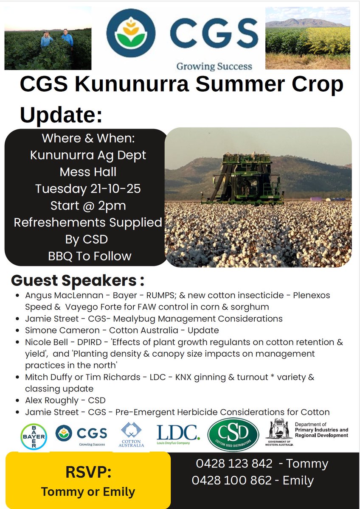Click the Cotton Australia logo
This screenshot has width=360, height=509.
coord(132,435)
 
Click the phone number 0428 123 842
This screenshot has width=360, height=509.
coord(234,464)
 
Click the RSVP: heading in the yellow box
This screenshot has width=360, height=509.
coord(88,472)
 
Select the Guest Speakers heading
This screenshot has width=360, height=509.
coord(78,280)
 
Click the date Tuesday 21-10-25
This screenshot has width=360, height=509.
coord(88,188)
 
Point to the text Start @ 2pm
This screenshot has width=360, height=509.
coord(88,205)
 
